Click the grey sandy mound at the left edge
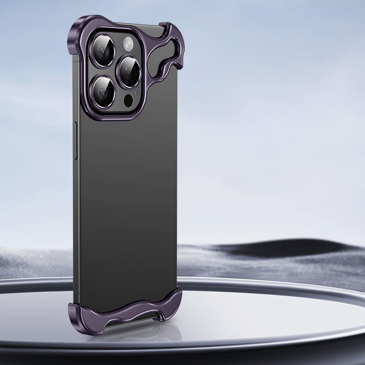[27, 265]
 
